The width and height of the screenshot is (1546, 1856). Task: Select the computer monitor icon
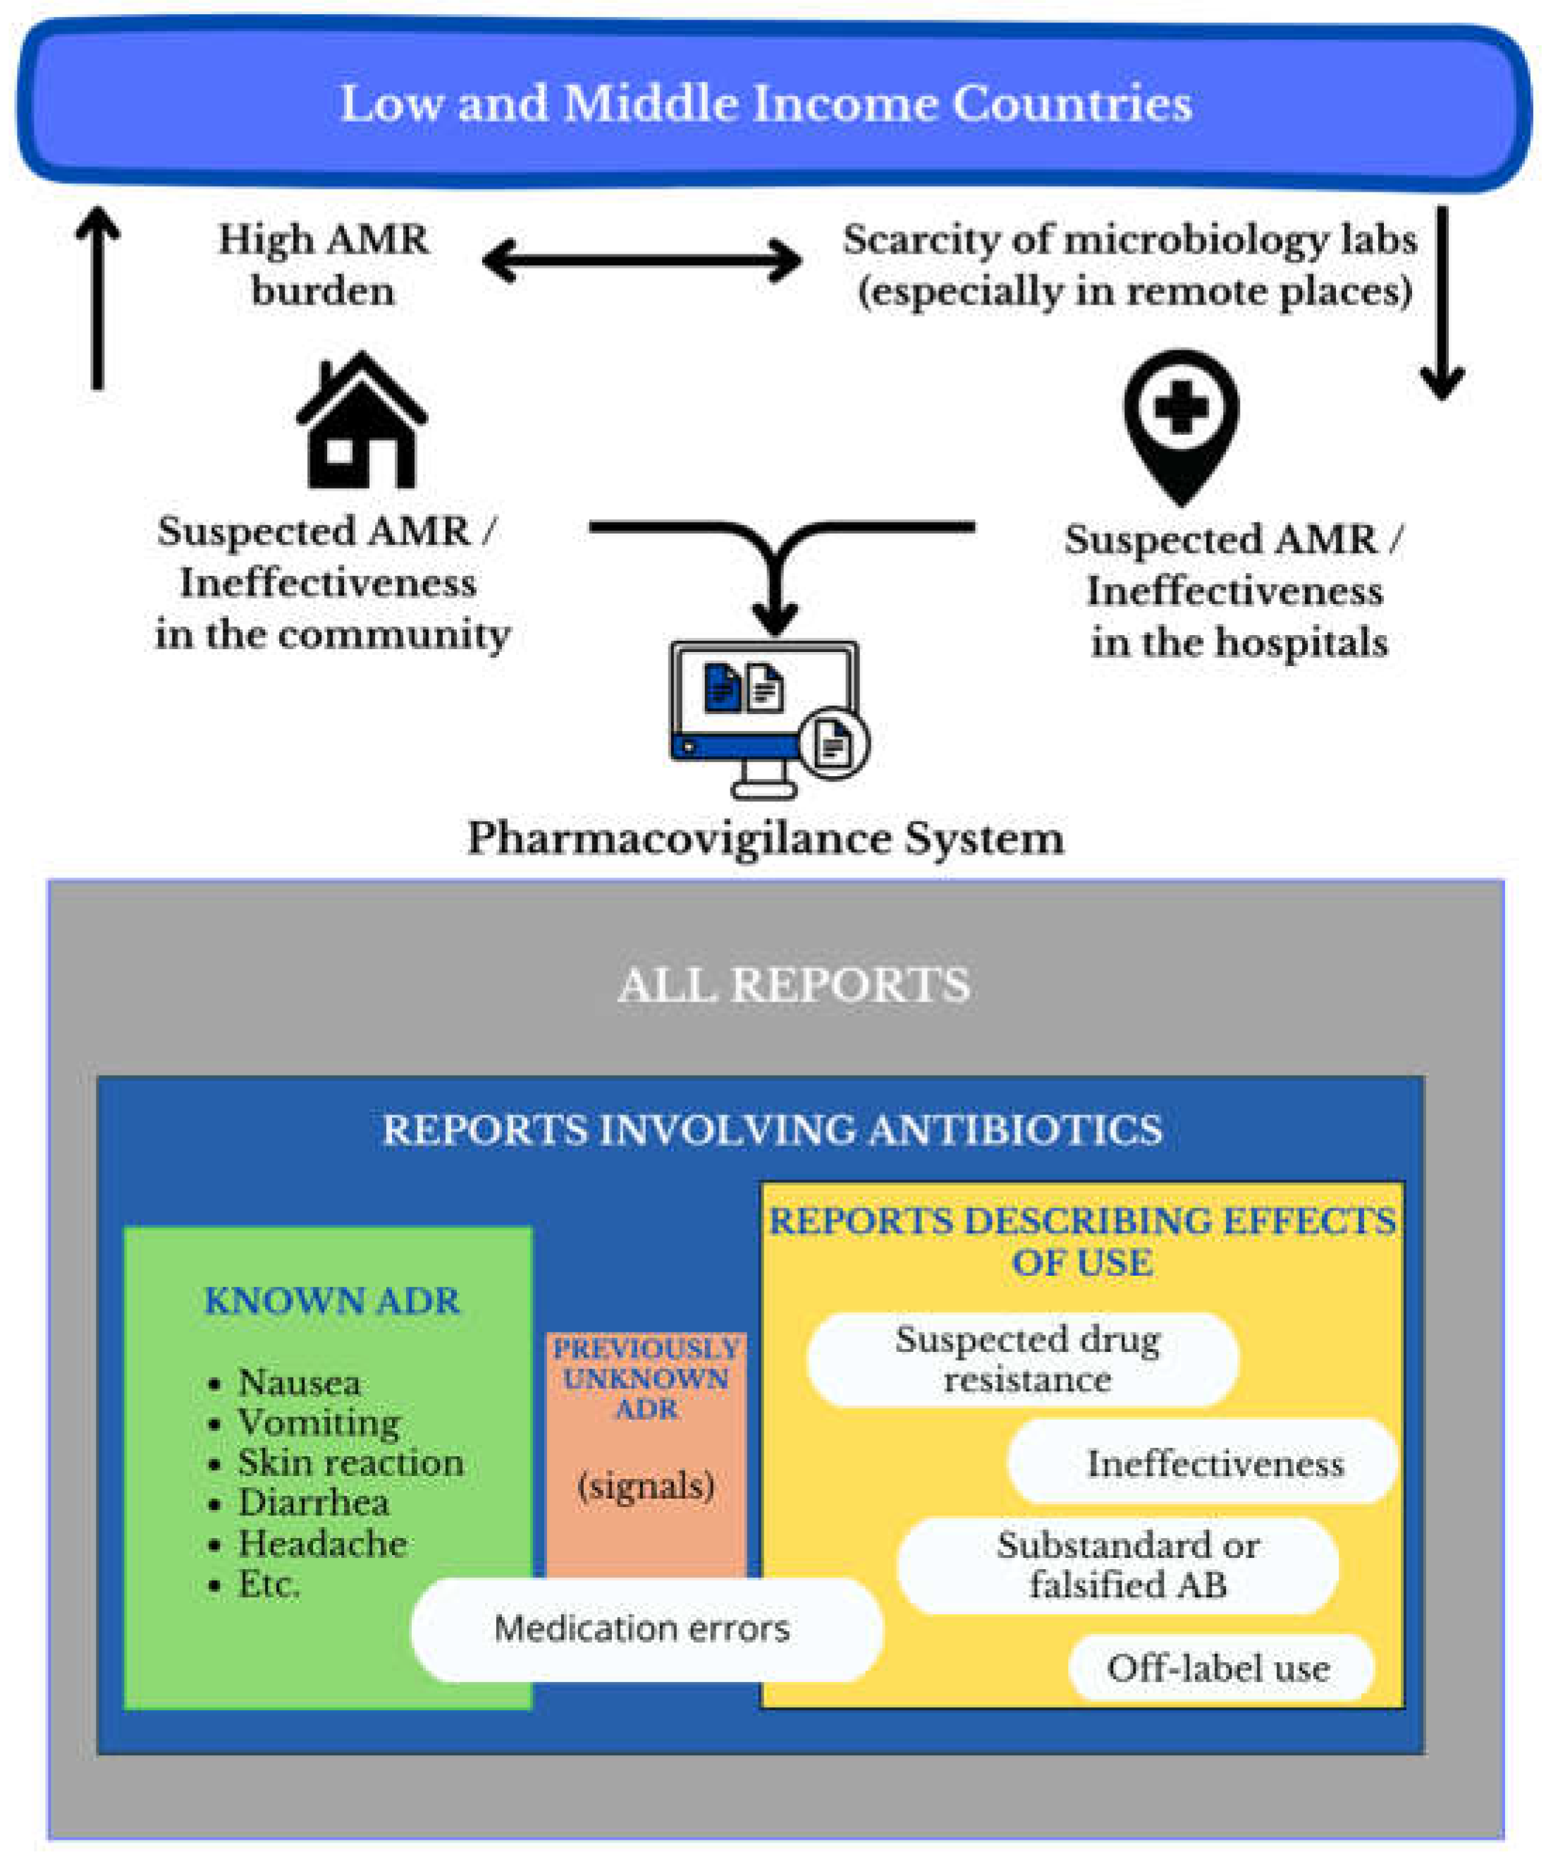(x=766, y=716)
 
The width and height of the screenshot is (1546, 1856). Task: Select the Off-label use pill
(x=1220, y=1668)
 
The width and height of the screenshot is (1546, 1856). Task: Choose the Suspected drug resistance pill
(x=1025, y=1359)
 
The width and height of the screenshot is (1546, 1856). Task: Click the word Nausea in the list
(x=299, y=1382)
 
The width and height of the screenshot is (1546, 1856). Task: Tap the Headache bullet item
(x=321, y=1543)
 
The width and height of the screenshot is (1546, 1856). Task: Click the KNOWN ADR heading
(x=331, y=1301)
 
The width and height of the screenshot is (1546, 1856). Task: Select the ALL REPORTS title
(x=793, y=985)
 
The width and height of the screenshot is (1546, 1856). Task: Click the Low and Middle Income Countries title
(x=766, y=104)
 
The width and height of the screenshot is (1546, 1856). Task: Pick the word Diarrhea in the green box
(x=313, y=1502)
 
